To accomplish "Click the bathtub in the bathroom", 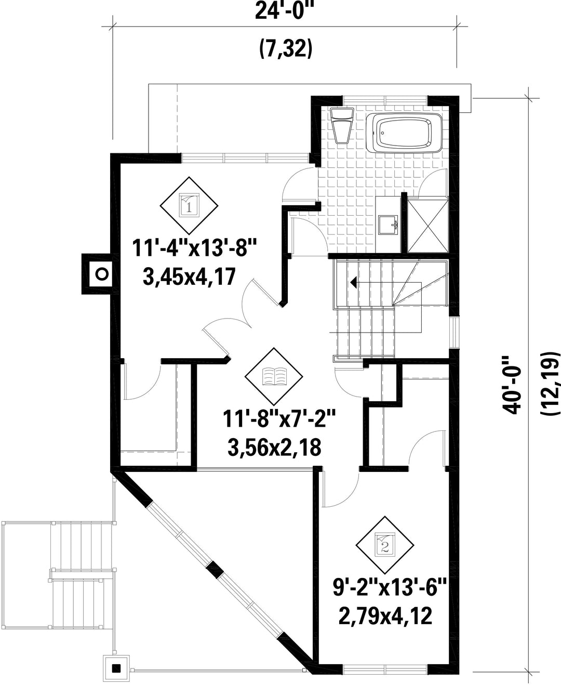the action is [x=404, y=133].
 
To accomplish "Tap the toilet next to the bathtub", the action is [x=342, y=126].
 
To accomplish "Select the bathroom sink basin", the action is [x=389, y=225].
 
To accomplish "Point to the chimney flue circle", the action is [x=102, y=274].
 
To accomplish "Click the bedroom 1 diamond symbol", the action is [x=189, y=206].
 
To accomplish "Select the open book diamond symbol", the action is [x=274, y=377].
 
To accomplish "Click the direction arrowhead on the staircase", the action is [x=354, y=283].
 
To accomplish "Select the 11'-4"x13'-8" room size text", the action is [x=194, y=248].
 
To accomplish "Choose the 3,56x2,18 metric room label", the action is [x=275, y=447].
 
